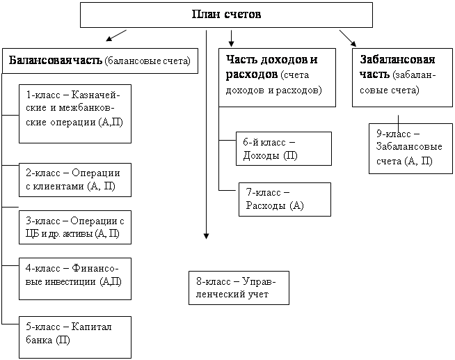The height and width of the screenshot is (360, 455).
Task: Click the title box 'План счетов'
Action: coord(226,15)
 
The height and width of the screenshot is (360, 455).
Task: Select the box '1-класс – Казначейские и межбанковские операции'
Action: coord(75,114)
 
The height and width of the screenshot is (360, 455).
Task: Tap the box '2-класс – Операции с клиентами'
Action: coord(75,180)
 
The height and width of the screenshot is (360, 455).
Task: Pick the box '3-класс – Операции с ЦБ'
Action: coord(75,227)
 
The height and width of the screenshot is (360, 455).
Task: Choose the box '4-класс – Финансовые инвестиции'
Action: coord(75,279)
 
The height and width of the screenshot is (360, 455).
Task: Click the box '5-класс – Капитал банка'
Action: coord(75,337)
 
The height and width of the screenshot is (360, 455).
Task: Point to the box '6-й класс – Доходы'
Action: coord(284,148)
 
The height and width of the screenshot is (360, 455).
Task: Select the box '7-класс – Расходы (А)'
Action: coord(285,199)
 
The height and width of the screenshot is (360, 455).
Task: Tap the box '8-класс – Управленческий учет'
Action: coord(239,288)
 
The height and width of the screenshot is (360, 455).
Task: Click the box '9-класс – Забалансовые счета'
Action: coord(410,148)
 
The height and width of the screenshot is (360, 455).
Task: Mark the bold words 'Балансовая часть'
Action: coord(56,61)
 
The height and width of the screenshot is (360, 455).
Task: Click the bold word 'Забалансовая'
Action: coord(397,59)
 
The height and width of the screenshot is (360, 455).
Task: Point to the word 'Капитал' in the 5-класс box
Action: coord(91,327)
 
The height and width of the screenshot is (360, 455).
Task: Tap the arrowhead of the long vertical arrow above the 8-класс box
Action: coord(207,236)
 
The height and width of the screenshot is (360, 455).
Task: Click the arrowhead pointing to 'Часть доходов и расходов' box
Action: coord(231,44)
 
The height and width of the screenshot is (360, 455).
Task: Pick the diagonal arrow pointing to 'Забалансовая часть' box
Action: coord(348,38)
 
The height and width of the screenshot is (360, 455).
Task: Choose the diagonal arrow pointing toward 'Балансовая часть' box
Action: coord(116,36)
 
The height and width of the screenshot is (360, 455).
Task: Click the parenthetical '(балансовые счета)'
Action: coord(147,61)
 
